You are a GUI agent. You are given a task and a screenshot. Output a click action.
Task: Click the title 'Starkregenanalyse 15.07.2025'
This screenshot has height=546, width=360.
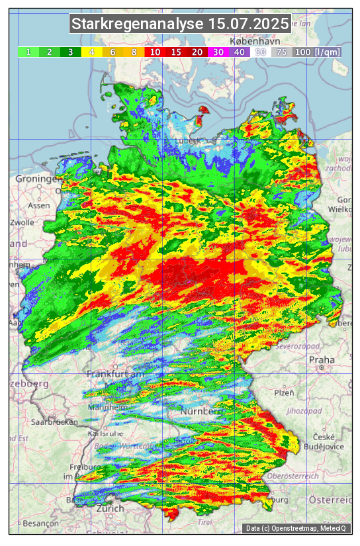click(x=180, y=24)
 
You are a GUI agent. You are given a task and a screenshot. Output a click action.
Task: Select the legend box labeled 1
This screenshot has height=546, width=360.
click(x=28, y=52)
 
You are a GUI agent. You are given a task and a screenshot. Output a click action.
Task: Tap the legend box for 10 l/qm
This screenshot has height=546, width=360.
click(x=155, y=52)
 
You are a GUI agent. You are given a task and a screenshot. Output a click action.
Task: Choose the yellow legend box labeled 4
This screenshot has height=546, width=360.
click(x=92, y=52)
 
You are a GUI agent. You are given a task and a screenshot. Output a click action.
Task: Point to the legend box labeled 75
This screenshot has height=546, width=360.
click(x=281, y=52)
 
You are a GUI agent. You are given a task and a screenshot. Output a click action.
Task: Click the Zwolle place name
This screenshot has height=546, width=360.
click(x=21, y=222)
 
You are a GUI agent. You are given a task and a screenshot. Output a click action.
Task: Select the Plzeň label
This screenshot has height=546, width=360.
click(x=284, y=392)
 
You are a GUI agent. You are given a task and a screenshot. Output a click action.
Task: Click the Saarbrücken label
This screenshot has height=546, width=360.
click(x=52, y=421)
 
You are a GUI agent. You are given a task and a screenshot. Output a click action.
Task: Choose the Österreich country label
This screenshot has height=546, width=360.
click(x=331, y=498)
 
